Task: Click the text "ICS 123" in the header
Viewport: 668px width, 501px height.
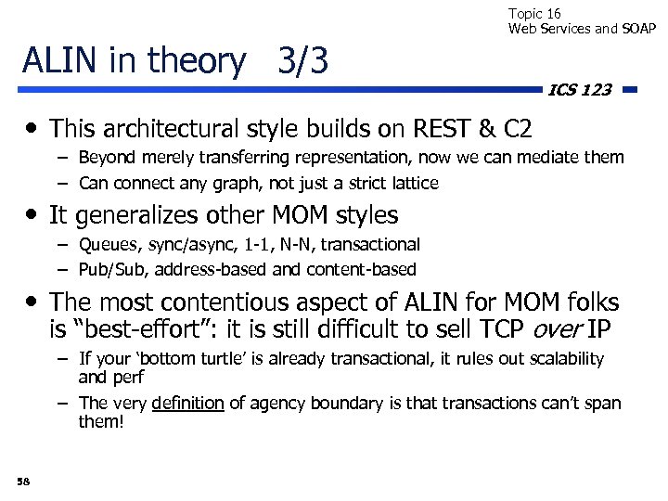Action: pyautogui.click(x=580, y=90)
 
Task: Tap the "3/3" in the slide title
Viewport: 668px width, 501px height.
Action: pyautogui.click(x=303, y=61)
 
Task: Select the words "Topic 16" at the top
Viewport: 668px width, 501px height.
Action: pyautogui.click(x=534, y=14)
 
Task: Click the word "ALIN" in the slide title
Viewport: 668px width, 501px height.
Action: pyautogui.click(x=61, y=61)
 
